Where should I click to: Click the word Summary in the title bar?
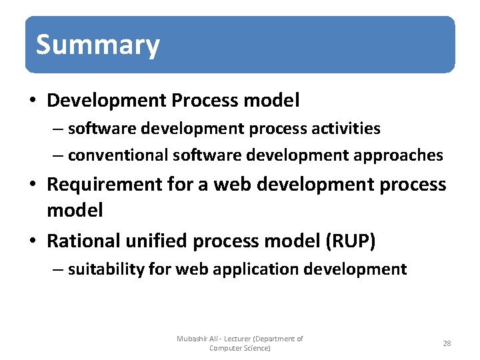(97, 45)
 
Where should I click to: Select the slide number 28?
(447, 343)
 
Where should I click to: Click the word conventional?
(118, 155)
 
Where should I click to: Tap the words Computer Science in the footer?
(239, 348)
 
